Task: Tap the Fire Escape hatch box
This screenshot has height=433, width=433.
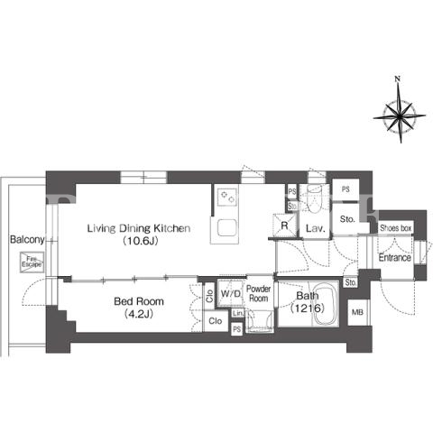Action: click(32, 263)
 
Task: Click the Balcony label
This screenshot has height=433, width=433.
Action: click(27, 240)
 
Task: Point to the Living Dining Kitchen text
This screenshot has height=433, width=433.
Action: click(139, 228)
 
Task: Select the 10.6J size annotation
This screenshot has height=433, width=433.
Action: click(140, 241)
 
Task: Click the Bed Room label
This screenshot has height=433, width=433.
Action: click(139, 301)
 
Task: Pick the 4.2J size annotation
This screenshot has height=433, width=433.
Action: click(139, 314)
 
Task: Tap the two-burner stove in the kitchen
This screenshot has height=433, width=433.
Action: click(226, 197)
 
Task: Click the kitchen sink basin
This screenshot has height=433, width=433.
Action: click(226, 228)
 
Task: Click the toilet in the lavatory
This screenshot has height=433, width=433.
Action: click(315, 198)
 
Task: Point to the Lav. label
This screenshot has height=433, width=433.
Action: click(316, 228)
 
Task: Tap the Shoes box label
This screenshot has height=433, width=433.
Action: click(395, 228)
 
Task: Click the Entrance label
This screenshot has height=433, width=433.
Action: click(394, 258)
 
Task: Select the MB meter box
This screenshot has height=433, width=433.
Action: click(357, 312)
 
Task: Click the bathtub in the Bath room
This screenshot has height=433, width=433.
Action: click(322, 304)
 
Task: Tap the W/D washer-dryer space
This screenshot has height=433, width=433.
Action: click(231, 293)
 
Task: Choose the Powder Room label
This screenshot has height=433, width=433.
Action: click(258, 293)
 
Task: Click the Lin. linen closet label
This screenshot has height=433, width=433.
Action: click(238, 313)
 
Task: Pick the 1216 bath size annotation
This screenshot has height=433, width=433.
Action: click(308, 308)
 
